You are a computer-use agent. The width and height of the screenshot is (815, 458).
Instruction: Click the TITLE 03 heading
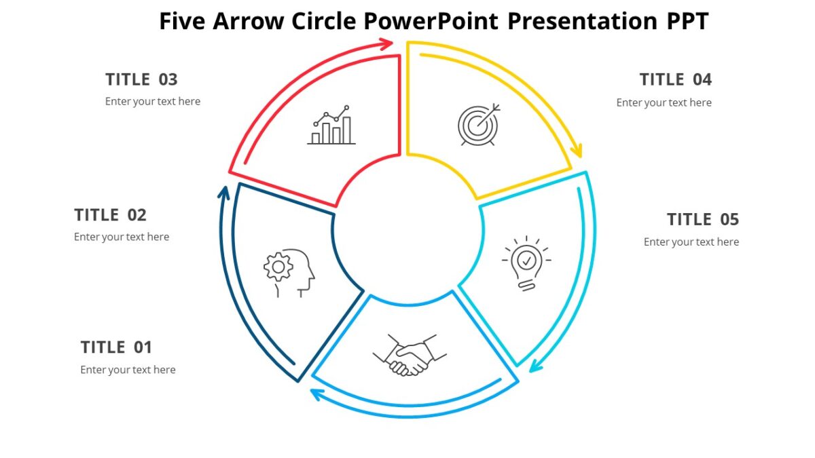141,80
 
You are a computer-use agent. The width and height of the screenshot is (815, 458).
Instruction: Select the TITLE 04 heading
675,80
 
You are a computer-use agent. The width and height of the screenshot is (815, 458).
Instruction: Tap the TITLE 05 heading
702,220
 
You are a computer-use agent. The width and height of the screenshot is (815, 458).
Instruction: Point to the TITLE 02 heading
110,215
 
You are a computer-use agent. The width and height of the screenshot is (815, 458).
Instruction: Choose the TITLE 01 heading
116,347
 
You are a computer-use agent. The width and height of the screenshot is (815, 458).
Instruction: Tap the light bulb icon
526,263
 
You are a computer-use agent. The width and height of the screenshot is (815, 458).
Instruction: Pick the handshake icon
410,354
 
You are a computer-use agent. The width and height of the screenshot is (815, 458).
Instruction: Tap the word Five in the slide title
183,22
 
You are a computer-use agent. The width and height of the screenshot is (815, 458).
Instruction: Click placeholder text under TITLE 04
664,103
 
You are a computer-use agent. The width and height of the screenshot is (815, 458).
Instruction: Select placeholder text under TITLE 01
128,370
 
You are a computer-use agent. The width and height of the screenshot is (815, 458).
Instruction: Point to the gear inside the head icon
278,266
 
